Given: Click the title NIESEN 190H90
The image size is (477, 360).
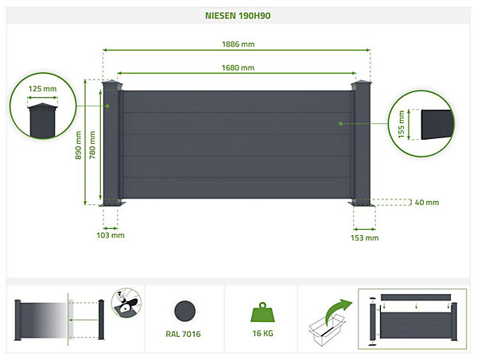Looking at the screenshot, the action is click(x=238, y=16).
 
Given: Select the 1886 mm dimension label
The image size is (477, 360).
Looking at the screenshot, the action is click(x=238, y=44).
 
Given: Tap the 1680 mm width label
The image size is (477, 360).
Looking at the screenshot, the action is click(x=238, y=68).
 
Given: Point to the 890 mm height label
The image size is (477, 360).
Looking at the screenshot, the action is click(x=78, y=145).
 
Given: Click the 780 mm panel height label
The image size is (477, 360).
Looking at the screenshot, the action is click(x=92, y=145).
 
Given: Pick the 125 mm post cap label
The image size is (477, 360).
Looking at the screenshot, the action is click(x=42, y=89).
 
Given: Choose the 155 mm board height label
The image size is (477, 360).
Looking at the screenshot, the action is click(x=401, y=124).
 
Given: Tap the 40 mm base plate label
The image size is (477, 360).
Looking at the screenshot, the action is click(x=427, y=202).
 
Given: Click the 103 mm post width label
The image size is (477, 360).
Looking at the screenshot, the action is click(x=111, y=235).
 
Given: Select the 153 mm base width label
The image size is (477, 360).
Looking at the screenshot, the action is click(x=364, y=238).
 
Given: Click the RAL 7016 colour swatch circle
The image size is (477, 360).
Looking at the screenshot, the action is click(x=184, y=311).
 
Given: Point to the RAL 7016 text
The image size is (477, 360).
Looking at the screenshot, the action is click(x=183, y=334).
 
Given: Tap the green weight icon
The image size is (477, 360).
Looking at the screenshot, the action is click(x=262, y=312).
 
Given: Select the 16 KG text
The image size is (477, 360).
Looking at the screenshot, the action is click(x=262, y=334).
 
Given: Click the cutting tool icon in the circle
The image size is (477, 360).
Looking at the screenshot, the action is click(x=126, y=303).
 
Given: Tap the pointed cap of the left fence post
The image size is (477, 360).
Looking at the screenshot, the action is click(x=112, y=83).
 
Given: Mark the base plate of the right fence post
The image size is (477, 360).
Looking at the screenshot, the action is click(x=362, y=203).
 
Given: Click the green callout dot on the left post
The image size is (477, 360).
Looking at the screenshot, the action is click(x=107, y=106).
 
